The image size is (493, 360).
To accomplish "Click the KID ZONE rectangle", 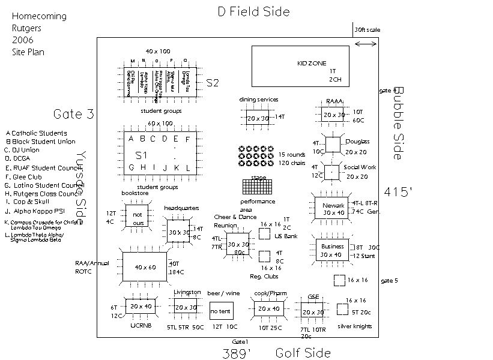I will tap(300, 67).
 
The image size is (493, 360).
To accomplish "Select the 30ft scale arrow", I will tap(366, 43).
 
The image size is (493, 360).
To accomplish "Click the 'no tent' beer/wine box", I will tap(221, 310).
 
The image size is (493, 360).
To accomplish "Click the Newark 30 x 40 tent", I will tap(333, 208).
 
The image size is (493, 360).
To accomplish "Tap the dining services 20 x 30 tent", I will tap(258, 118).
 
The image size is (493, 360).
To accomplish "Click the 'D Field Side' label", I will tap(253, 11).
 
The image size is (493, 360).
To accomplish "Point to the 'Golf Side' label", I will tap(303, 353).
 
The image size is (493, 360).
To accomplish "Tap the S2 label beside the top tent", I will tap(213, 83).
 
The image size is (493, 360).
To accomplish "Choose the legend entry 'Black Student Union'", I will tap(43, 142).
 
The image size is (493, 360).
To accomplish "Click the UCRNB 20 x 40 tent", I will tap(141, 307).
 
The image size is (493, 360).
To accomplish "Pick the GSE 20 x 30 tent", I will tap(312, 311).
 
